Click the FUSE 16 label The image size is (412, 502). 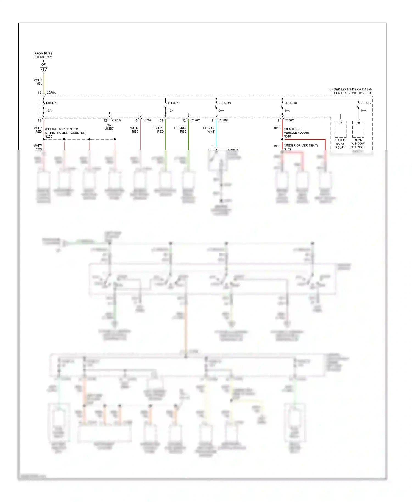click(52, 103)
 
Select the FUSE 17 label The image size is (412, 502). click(174, 103)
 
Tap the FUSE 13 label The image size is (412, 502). click(225, 103)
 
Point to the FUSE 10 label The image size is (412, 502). click(291, 103)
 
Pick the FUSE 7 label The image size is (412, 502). click(366, 103)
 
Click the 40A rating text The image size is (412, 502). click(363, 111)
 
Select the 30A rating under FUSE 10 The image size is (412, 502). click(287, 111)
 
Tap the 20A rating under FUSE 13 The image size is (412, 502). click(221, 111)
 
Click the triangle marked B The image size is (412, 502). click(44, 70)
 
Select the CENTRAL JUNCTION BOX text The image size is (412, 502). click(353, 93)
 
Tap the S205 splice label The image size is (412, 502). click(49, 136)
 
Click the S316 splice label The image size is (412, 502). click(287, 136)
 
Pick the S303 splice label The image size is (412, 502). click(287, 149)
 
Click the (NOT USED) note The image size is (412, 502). click(110, 127)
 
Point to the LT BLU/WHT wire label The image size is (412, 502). click(209, 130)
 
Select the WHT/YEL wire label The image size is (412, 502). click(38, 82)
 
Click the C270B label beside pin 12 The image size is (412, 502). click(117, 120)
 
